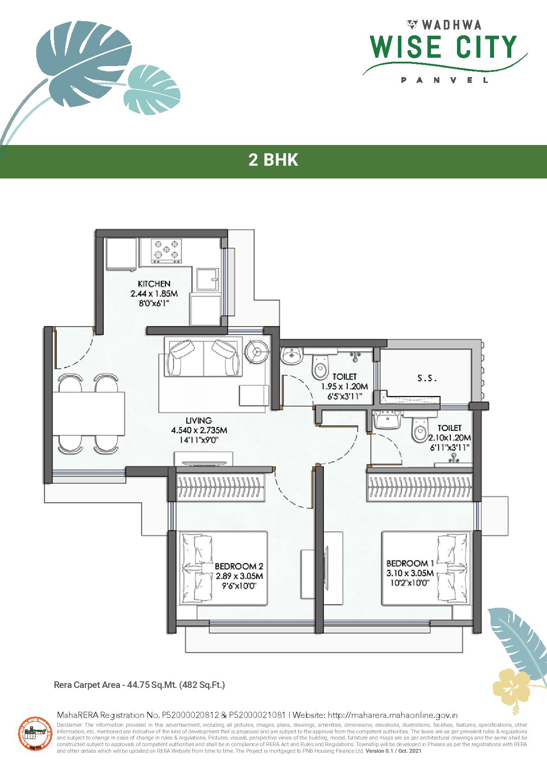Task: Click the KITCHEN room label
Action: [x=154, y=284]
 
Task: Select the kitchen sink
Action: [x=207, y=279]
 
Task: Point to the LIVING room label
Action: [x=199, y=421]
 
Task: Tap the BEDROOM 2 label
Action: [x=239, y=566]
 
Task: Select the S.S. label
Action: [x=427, y=378]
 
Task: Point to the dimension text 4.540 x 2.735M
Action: [x=199, y=430]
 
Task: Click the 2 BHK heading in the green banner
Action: [x=273, y=160]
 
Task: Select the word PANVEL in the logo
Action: [x=444, y=80]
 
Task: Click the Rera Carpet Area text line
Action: [x=139, y=685]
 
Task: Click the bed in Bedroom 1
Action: [x=417, y=569]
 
